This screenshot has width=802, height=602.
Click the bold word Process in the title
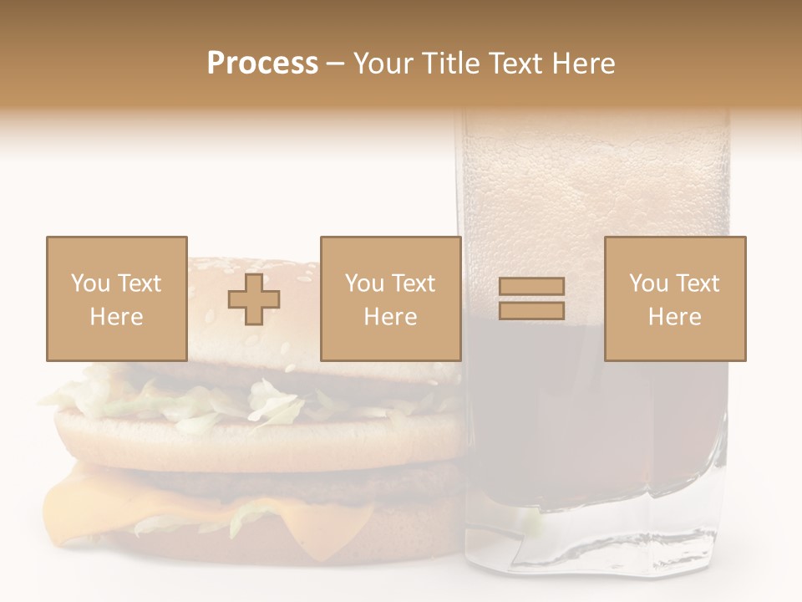262,64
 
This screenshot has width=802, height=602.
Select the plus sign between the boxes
254,299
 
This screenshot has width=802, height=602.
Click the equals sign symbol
531,298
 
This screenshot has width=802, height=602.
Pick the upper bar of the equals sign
531,287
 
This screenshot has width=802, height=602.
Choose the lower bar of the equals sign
531,311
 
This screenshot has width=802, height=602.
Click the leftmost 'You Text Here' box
116,298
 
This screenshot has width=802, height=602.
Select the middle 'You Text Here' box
390,298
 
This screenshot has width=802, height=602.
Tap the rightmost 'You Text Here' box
674,298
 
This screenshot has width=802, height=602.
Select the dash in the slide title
335,64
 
